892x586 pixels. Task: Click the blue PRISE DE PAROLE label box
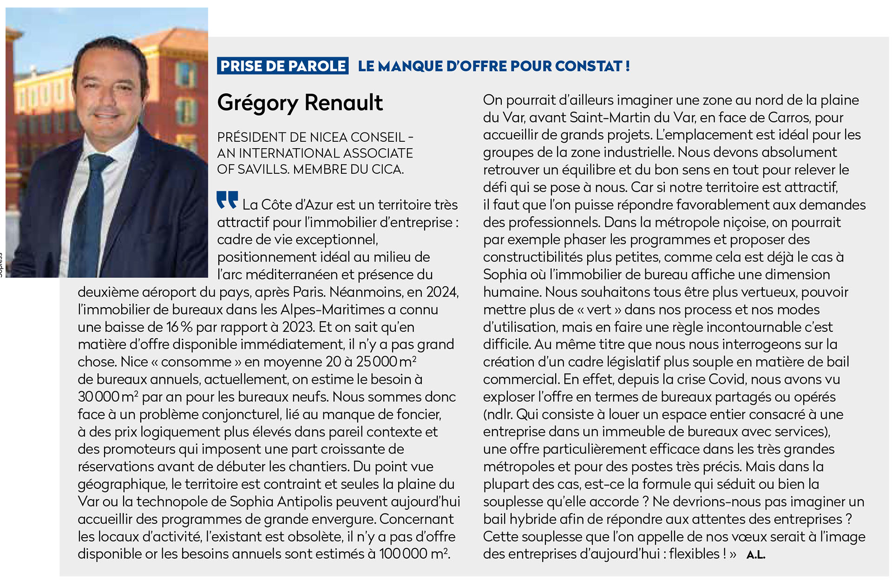[x=282, y=66]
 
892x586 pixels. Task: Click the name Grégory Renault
[x=300, y=103]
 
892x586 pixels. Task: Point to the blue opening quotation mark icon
[x=227, y=200]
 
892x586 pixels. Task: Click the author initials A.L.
[x=755, y=555]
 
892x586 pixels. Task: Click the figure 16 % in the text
[x=179, y=327]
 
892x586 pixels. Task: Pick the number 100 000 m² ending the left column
[x=413, y=554]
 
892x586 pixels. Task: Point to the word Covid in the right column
[x=727, y=380]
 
